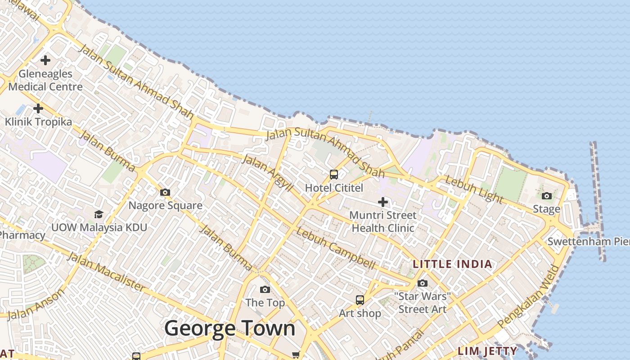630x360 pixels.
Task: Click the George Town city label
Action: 229,328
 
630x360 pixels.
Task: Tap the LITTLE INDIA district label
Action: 452,264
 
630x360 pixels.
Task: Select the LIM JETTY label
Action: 487,351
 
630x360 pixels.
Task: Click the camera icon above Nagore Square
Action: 165,193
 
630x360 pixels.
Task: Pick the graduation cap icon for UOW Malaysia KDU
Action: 99,214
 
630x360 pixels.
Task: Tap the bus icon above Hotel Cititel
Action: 334,175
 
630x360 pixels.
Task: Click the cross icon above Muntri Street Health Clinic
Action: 383,202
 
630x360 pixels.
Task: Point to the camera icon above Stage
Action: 547,196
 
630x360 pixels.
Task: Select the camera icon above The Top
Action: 265,289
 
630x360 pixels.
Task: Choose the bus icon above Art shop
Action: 360,300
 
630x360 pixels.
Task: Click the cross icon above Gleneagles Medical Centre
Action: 45,60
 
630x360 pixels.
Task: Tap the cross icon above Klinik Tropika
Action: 38,108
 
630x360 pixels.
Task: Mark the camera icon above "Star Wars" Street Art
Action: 422,283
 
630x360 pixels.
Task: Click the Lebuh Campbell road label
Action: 335,249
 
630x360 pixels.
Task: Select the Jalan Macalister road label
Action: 106,272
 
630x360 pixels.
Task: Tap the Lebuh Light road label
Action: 473,189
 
